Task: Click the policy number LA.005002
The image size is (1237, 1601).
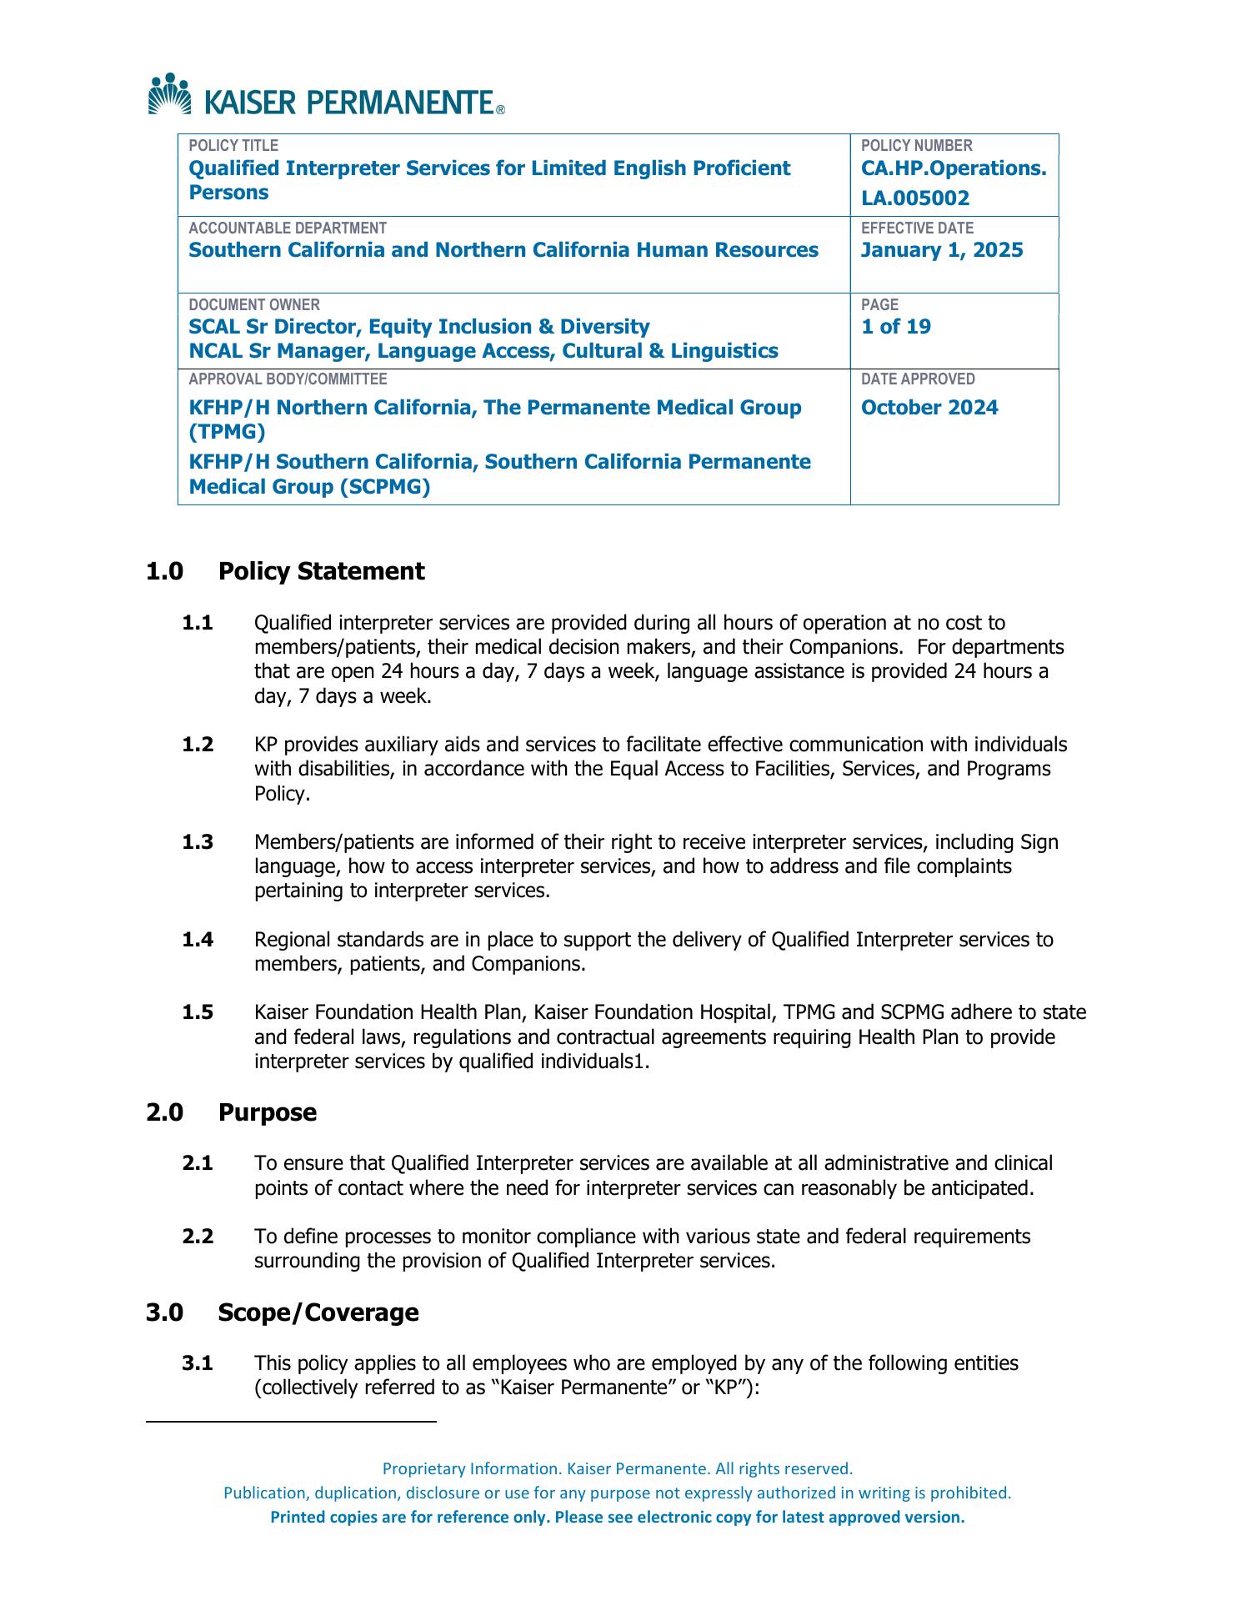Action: click(915, 198)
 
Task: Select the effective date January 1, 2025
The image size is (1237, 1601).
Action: click(942, 251)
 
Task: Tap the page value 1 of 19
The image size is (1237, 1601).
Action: click(896, 327)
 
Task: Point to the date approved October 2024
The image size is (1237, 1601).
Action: click(929, 408)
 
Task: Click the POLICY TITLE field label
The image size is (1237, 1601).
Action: click(233, 146)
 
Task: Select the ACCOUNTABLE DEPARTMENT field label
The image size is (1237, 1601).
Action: click(288, 228)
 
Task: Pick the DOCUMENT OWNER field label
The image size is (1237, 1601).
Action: click(254, 305)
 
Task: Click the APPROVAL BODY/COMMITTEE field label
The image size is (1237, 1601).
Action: click(288, 379)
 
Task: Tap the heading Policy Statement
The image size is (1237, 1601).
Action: click(321, 572)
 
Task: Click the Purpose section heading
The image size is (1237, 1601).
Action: click(268, 1113)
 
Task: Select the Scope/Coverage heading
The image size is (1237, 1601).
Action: click(318, 1312)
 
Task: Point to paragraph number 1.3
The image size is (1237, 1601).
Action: click(198, 842)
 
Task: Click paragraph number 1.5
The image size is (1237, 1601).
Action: click(198, 1013)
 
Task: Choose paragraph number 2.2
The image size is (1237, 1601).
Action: click(198, 1237)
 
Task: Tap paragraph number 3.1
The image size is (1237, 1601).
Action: click(198, 1363)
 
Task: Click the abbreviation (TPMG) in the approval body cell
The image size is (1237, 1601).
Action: click(228, 432)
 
